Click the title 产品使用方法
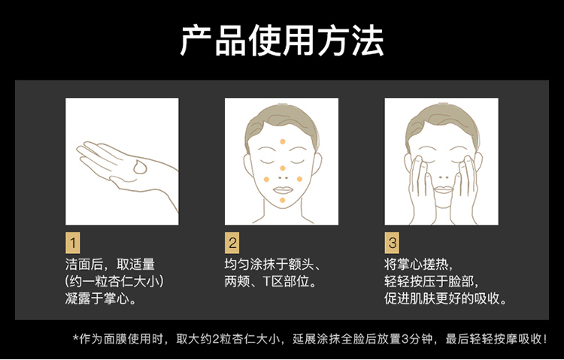(282, 41)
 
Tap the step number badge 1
(73, 243)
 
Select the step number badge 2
(232, 243)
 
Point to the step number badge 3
(392, 243)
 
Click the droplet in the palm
(140, 168)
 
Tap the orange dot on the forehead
(283, 141)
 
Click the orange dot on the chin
(282, 200)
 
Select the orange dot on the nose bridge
(282, 168)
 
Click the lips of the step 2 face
(283, 189)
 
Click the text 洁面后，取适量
(110, 265)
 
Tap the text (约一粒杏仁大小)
(114, 281)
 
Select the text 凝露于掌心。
(101, 298)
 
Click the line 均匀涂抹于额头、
(272, 265)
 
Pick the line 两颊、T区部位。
(271, 281)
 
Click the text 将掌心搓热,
(418, 265)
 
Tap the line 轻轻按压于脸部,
(432, 281)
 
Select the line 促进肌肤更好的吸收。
(445, 298)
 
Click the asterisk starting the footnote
(75, 338)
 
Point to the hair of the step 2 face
(282, 116)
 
